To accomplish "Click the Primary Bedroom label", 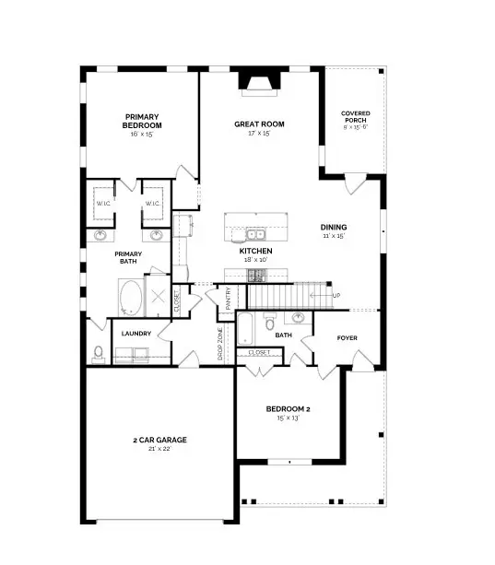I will (x=143, y=121).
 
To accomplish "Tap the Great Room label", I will (x=259, y=124).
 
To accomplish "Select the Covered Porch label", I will (x=355, y=118).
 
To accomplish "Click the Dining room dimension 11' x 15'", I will (x=334, y=237).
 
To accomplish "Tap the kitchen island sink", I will (x=254, y=230).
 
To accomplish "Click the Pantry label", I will (x=224, y=297).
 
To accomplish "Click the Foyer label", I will (x=347, y=337).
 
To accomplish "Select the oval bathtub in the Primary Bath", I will (x=131, y=298).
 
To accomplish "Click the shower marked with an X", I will (x=159, y=297).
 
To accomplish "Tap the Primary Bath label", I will (x=129, y=257).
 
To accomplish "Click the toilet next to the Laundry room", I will (x=99, y=353).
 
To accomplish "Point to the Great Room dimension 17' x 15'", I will (x=259, y=134).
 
